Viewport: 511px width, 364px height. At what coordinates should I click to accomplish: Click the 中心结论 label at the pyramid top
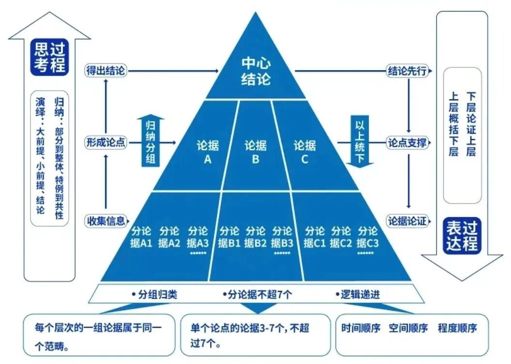pyautogui.click(x=256, y=71)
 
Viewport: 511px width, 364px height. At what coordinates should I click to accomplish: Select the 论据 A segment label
pyautogui.click(x=207, y=152)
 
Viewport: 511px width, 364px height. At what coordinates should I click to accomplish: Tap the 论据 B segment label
pyautogui.click(x=256, y=152)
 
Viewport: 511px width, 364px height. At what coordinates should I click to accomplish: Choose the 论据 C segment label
pyautogui.click(x=305, y=152)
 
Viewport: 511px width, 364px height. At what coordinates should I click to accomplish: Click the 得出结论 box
pyautogui.click(x=106, y=71)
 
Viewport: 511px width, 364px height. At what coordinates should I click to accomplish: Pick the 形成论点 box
pyautogui.click(x=106, y=142)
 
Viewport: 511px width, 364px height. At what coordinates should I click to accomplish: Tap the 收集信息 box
pyautogui.click(x=106, y=221)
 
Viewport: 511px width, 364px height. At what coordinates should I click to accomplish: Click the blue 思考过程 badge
pyautogui.click(x=50, y=57)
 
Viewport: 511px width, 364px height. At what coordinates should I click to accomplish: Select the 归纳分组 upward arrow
pyautogui.click(x=151, y=141)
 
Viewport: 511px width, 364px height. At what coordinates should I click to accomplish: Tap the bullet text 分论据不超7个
pyautogui.click(x=257, y=294)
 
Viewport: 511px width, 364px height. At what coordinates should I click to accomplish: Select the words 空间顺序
pyautogui.click(x=408, y=328)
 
